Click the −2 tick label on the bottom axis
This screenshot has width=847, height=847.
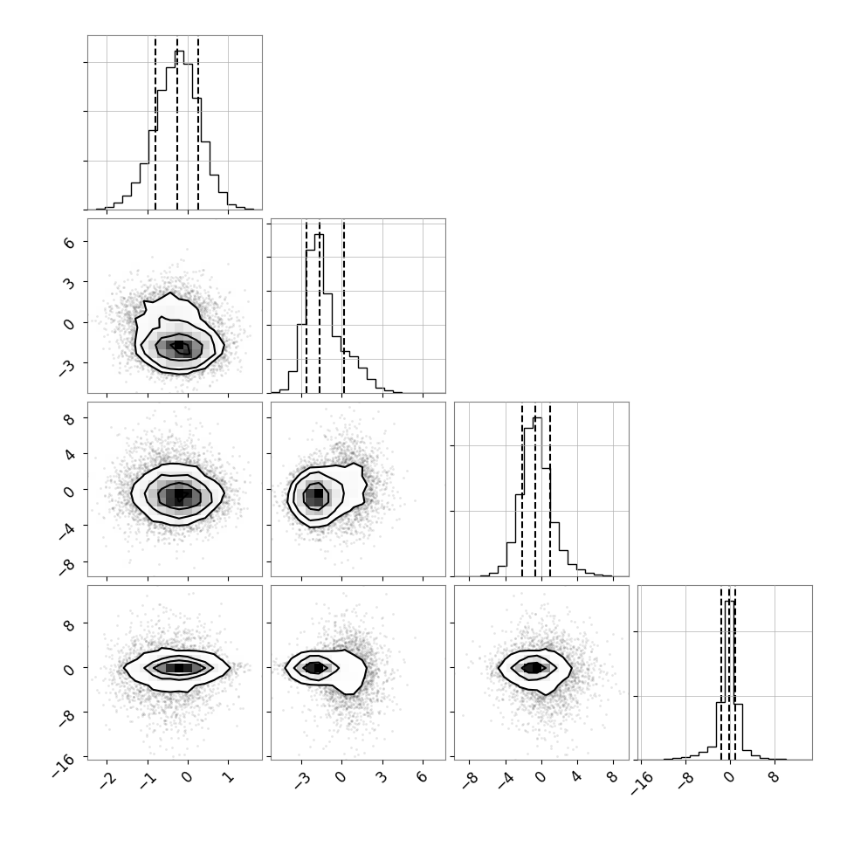(x=107, y=778)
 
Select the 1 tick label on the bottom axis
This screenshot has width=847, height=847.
(x=229, y=777)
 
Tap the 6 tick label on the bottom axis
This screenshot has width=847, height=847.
(x=423, y=777)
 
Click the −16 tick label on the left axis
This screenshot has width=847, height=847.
(x=64, y=766)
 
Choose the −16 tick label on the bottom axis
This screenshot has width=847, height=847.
(x=641, y=782)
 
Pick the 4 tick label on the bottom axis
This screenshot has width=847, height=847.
(x=577, y=777)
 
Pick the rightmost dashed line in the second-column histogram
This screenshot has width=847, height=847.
(x=343, y=306)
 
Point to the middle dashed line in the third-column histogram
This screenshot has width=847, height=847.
(x=535, y=491)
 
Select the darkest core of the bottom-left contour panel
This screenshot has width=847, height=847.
(x=179, y=668)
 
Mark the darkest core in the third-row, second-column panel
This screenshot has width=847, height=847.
(x=318, y=493)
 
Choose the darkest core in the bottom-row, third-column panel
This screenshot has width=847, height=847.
(x=534, y=668)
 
